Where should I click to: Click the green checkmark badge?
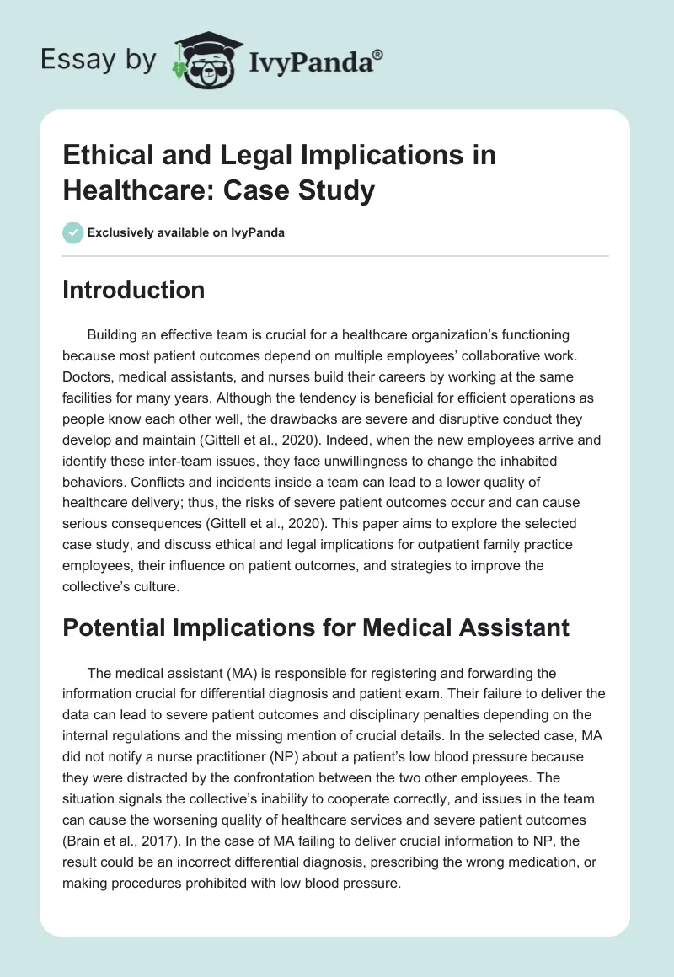click(x=72, y=232)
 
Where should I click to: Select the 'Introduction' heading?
click(x=133, y=291)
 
